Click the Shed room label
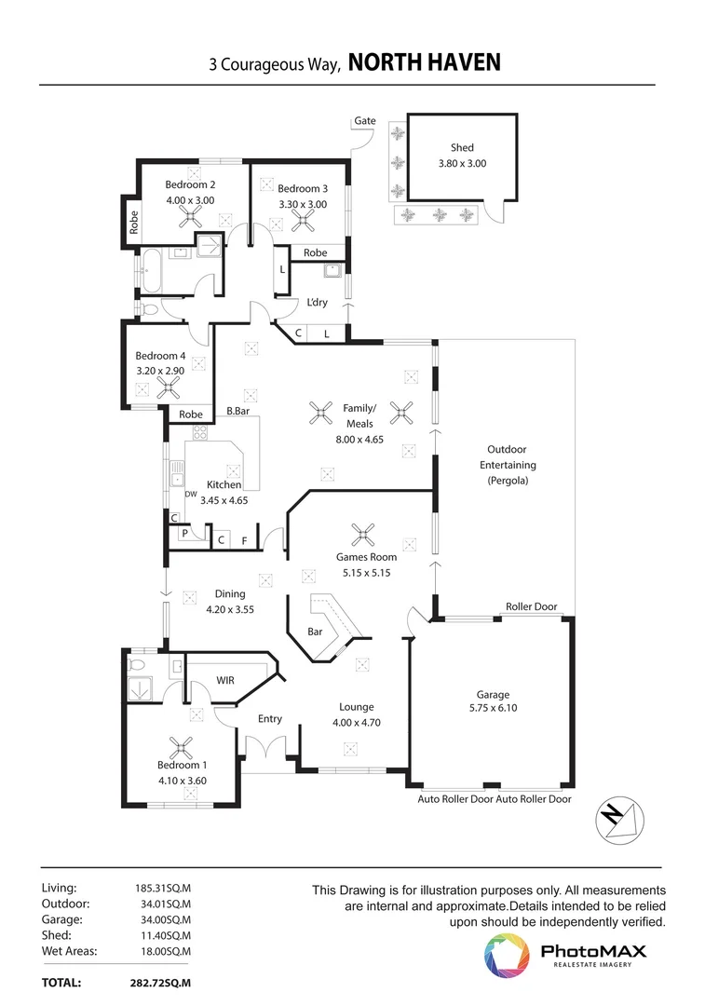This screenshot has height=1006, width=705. point(462,147)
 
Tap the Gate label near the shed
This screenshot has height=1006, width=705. point(364,121)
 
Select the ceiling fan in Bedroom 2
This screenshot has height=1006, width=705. point(192,217)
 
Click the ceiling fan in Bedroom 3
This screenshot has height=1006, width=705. point(303,220)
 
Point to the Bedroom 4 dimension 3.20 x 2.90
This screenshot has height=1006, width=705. point(160,371)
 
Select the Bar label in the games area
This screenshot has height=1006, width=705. point(315,632)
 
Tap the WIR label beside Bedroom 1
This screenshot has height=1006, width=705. point(224,681)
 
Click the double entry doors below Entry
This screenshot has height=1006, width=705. point(269,749)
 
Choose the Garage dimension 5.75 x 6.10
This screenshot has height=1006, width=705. point(493,709)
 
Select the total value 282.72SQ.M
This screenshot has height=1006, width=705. point(160,983)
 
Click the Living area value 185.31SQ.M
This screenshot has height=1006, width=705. point(163,889)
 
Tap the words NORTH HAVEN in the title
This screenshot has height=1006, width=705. point(424,62)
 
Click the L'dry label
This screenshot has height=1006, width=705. point(317,303)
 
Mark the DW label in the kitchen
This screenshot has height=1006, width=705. point(191,495)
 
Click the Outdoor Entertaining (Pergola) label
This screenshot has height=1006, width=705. point(508,465)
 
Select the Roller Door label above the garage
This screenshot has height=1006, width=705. point(531,606)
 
